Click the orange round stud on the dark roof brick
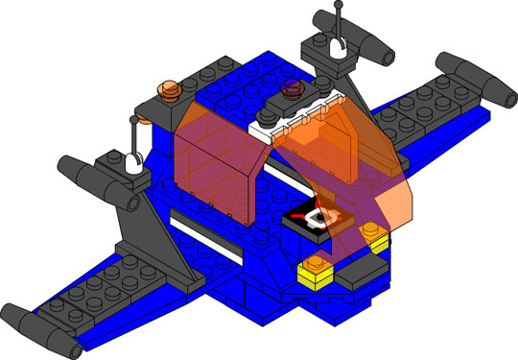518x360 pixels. click(x=169, y=90)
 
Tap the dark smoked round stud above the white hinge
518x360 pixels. click(x=292, y=89)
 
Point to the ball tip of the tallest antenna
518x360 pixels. click(x=340, y=6)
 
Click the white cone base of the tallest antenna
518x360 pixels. click(x=338, y=44)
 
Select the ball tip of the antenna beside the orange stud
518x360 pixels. click(x=133, y=121)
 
